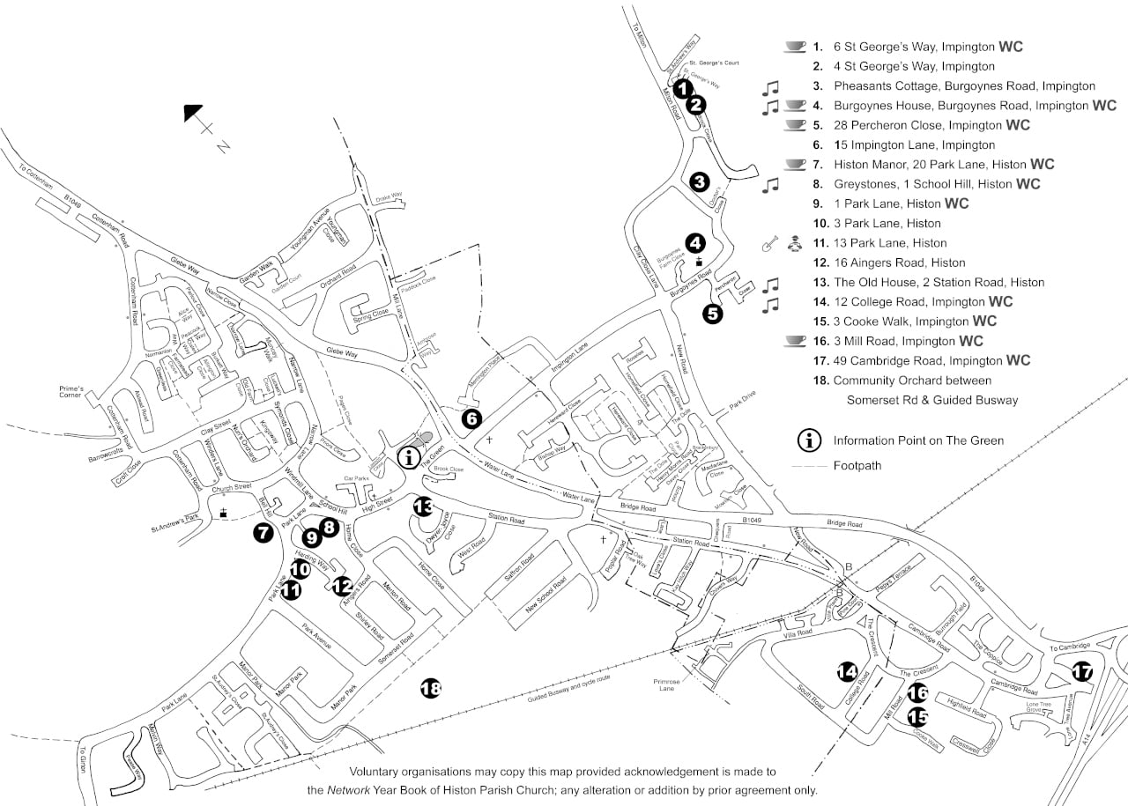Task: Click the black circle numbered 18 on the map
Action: pyautogui.click(x=430, y=689)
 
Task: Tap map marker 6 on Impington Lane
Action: pyautogui.click(x=471, y=418)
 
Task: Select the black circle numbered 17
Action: pyautogui.click(x=1081, y=673)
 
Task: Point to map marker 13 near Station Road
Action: pyautogui.click(x=424, y=507)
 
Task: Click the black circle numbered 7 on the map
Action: pyautogui.click(x=262, y=532)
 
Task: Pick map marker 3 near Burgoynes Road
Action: pyautogui.click(x=700, y=182)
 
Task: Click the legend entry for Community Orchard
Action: pyautogui.click(x=912, y=381)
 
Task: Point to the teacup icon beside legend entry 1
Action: pyautogui.click(x=795, y=46)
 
